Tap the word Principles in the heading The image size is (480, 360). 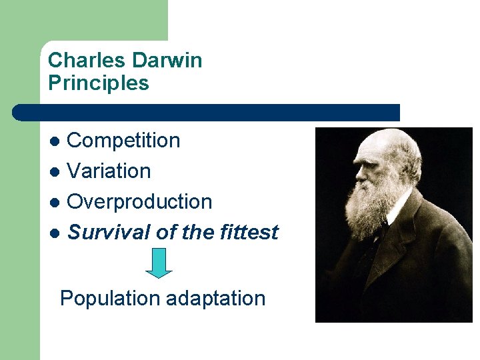99,83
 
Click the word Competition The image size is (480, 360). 124,141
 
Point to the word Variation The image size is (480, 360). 109,171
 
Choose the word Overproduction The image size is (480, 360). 140,202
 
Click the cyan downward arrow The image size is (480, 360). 159,263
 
